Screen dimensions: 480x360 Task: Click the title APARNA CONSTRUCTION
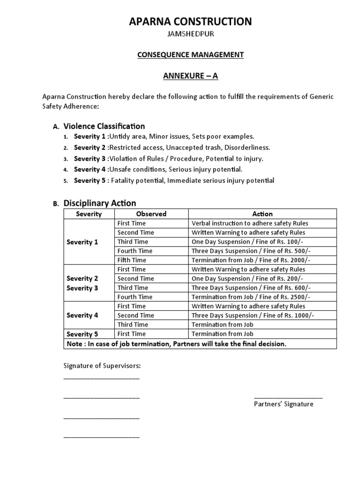[x=190, y=21]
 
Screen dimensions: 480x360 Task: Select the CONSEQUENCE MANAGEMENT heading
[x=190, y=55]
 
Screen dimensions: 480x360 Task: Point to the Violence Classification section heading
[x=104, y=126]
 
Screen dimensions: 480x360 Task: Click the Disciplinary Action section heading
[x=100, y=203]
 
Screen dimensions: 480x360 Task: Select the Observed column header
[x=151, y=214]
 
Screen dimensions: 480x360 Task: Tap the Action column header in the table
[x=262, y=214]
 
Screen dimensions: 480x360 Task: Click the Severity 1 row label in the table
[x=82, y=242]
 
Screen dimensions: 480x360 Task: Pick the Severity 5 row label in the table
[x=82, y=334]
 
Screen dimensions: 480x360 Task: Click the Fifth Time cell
[x=132, y=260]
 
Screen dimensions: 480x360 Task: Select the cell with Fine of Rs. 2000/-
[x=251, y=260]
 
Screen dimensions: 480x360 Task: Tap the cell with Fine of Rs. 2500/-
[x=251, y=297]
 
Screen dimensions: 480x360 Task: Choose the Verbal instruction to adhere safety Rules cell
[x=250, y=224]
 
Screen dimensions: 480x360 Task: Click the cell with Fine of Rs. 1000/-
[x=253, y=315]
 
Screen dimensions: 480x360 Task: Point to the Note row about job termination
[x=176, y=344]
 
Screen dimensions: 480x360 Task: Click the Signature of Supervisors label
[x=102, y=366]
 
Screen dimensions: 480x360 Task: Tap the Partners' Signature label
[x=284, y=404]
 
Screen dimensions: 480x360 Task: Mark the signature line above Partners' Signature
[x=288, y=397]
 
